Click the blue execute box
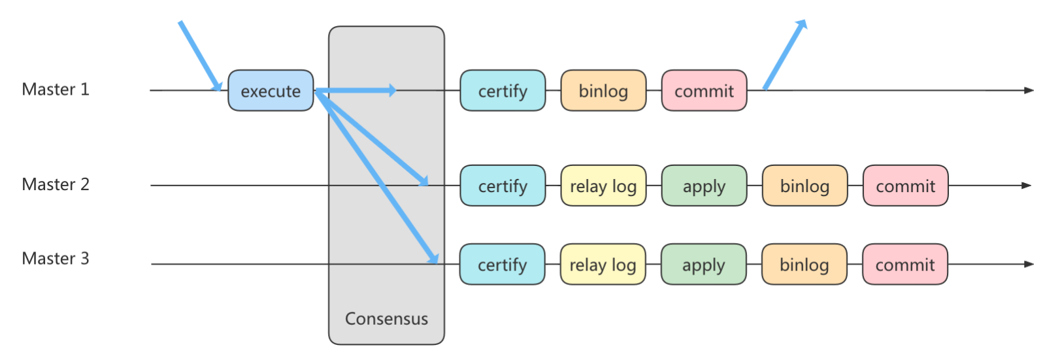[x=271, y=90]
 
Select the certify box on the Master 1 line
[x=503, y=90]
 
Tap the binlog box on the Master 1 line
[x=603, y=90]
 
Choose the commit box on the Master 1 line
[x=705, y=90]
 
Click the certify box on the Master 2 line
[x=503, y=186]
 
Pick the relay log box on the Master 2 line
[x=603, y=186]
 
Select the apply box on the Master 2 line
[x=705, y=186]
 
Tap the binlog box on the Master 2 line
[x=805, y=186]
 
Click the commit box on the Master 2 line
[x=906, y=186]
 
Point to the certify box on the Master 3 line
[x=503, y=264]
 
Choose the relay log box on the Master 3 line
[x=603, y=264]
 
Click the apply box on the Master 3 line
[x=704, y=264]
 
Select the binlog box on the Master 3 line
[x=805, y=264]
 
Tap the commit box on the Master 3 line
[x=905, y=264]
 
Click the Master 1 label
[x=56, y=90]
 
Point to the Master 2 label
[x=56, y=184]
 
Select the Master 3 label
[x=56, y=258]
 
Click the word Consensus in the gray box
[x=386, y=318]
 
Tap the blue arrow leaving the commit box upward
[x=786, y=54]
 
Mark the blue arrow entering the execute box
[x=200, y=56]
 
